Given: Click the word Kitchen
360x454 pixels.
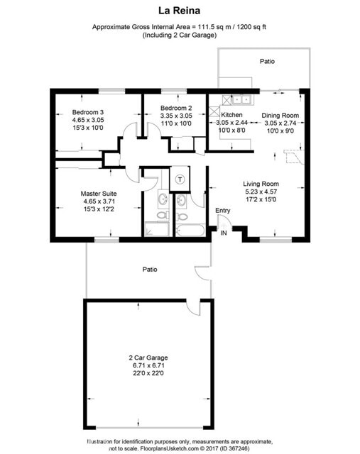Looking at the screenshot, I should click(232, 115).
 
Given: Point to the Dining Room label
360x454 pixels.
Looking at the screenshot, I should click(280, 115).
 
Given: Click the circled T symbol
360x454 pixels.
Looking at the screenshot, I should click(180, 179).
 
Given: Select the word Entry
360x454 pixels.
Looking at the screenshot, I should click(223, 210).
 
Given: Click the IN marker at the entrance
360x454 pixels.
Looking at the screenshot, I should click(224, 233).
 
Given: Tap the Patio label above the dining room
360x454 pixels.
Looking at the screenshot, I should click(267, 62).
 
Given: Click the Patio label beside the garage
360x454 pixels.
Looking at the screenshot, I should click(149, 270).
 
